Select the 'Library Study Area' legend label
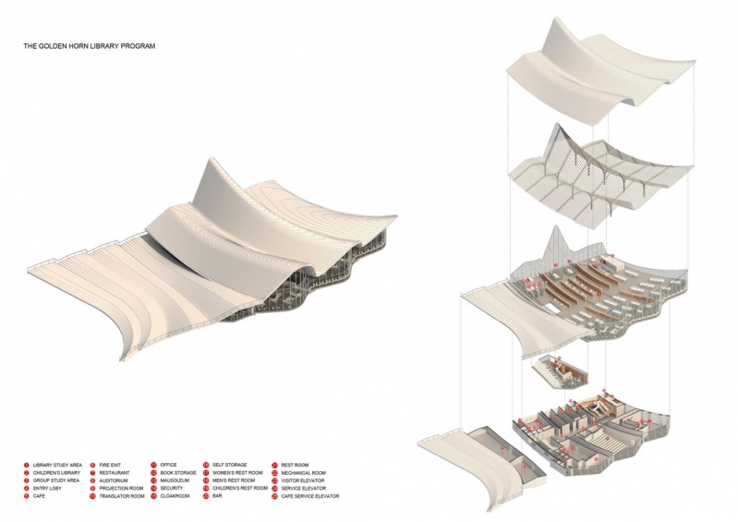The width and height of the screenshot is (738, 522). pyautogui.click(x=58, y=465)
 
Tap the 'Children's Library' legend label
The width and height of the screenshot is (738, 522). pyautogui.click(x=57, y=473)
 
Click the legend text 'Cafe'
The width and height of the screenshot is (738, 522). pyautogui.click(x=40, y=496)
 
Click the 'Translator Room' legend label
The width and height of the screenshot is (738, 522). pyautogui.click(x=120, y=496)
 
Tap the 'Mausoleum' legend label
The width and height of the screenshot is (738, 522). pyautogui.click(x=175, y=480)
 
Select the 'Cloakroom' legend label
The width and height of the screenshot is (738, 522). pyautogui.click(x=175, y=496)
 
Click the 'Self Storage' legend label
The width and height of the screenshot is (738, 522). pyautogui.click(x=230, y=465)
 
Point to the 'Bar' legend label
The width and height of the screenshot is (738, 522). pyautogui.click(x=218, y=496)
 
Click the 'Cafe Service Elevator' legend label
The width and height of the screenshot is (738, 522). pyautogui.click(x=309, y=496)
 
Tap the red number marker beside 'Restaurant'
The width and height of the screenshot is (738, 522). pyautogui.click(x=92, y=473)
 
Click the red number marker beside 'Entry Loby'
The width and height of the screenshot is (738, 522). pyautogui.click(x=27, y=489)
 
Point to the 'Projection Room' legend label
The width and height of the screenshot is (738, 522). pyautogui.click(x=120, y=489)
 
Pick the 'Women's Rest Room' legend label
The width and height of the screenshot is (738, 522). pyautogui.click(x=237, y=473)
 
